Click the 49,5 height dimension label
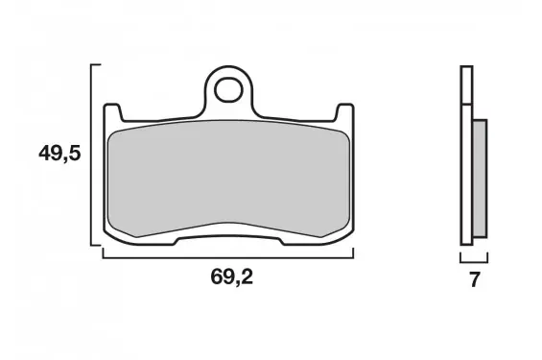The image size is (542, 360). click(x=59, y=154)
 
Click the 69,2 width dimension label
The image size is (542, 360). click(x=232, y=276)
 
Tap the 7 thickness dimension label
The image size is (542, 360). click(x=474, y=280)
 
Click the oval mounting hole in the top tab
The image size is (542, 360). click(x=228, y=89)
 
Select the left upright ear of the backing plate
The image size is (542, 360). click(x=112, y=112)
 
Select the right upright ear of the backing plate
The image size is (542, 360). click(x=344, y=112)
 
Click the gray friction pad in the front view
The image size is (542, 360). click(x=228, y=179)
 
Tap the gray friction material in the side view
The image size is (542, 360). click(x=480, y=179)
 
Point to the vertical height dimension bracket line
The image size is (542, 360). click(x=91, y=155)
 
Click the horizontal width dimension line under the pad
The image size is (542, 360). click(x=228, y=257)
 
